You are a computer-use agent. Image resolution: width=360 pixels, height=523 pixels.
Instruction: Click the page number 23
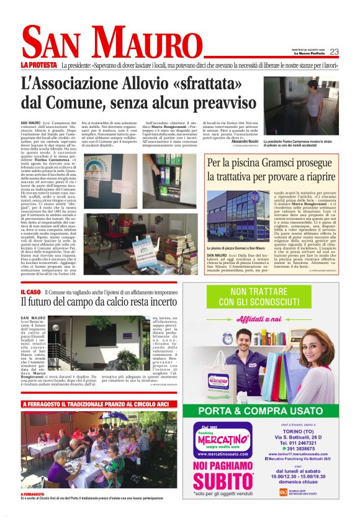click(334, 52)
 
